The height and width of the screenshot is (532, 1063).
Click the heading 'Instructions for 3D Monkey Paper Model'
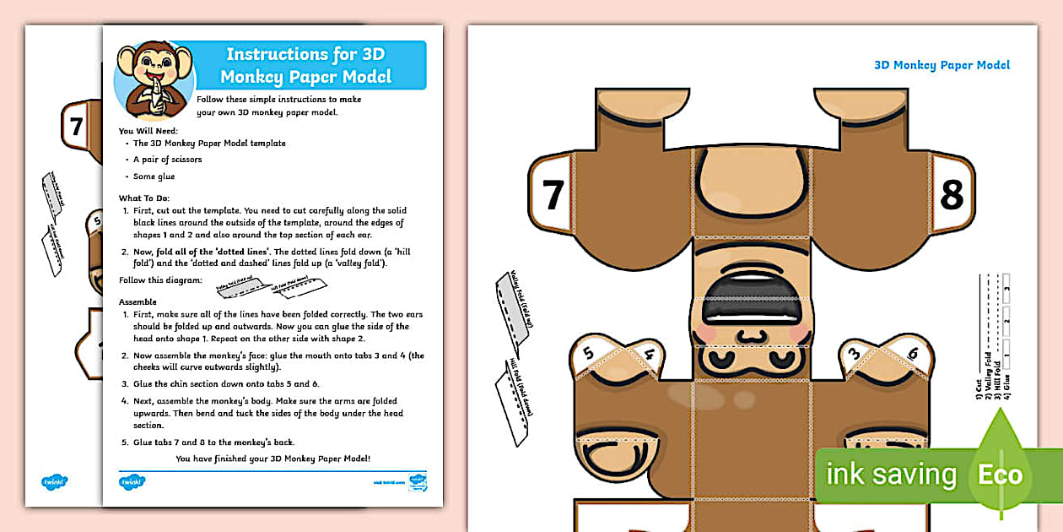coord(305,65)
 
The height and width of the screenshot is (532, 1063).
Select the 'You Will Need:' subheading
coord(148,131)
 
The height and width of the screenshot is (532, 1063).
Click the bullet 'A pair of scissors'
coord(167,160)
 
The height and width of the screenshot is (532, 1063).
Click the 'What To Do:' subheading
coord(145,198)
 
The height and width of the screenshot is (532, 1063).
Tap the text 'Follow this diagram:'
coord(160,280)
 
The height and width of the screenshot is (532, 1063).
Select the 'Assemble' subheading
coord(138,301)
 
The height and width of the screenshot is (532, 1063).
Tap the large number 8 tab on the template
coord(951,195)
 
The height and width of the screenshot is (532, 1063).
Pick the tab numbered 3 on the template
coord(854,355)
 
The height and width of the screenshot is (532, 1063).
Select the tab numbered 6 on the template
coord(889,355)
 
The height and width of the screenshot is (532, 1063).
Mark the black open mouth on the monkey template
coord(751,300)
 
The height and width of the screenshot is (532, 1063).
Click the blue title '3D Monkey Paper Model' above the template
coord(942,65)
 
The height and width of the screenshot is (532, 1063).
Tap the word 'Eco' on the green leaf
coord(1000,475)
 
